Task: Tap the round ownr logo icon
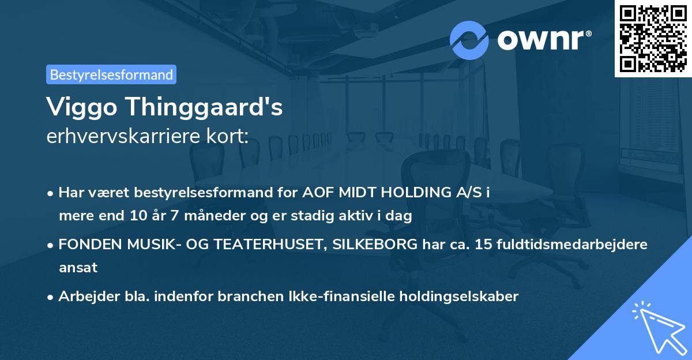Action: [469, 40]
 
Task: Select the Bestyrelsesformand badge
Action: [111, 74]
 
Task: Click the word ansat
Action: [78, 268]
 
